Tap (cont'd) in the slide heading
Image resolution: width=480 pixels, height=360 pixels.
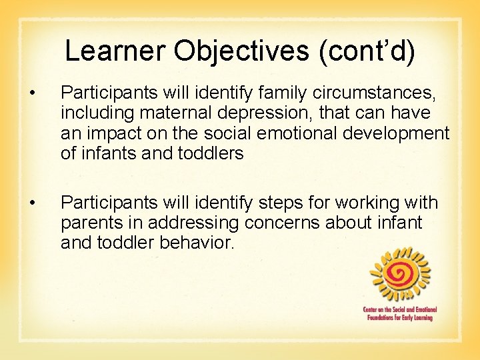tap(367, 51)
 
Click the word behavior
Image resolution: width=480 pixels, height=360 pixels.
tap(197, 241)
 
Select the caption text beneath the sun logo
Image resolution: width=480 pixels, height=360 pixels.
tap(398, 313)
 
